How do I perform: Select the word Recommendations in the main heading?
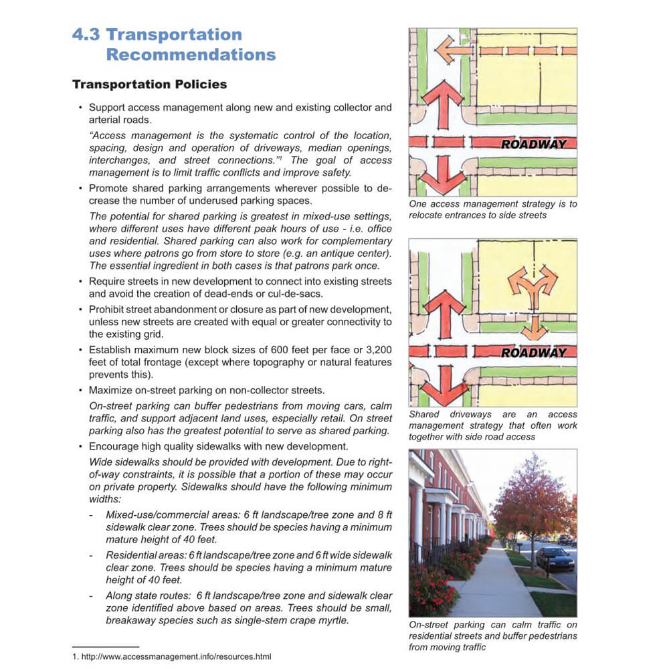click(x=191, y=55)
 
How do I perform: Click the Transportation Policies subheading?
click(x=149, y=85)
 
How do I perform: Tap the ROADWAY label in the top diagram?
click(x=534, y=144)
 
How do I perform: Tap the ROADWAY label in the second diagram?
click(x=534, y=353)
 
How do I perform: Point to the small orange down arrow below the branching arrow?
click(x=534, y=328)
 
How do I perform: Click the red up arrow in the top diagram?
click(x=442, y=104)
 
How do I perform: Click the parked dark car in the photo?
click(x=555, y=557)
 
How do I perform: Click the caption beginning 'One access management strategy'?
click(x=492, y=209)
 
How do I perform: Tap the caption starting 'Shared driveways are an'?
click(x=492, y=425)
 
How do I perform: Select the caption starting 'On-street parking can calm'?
click(x=492, y=636)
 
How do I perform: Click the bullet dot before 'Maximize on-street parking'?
click(x=80, y=390)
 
